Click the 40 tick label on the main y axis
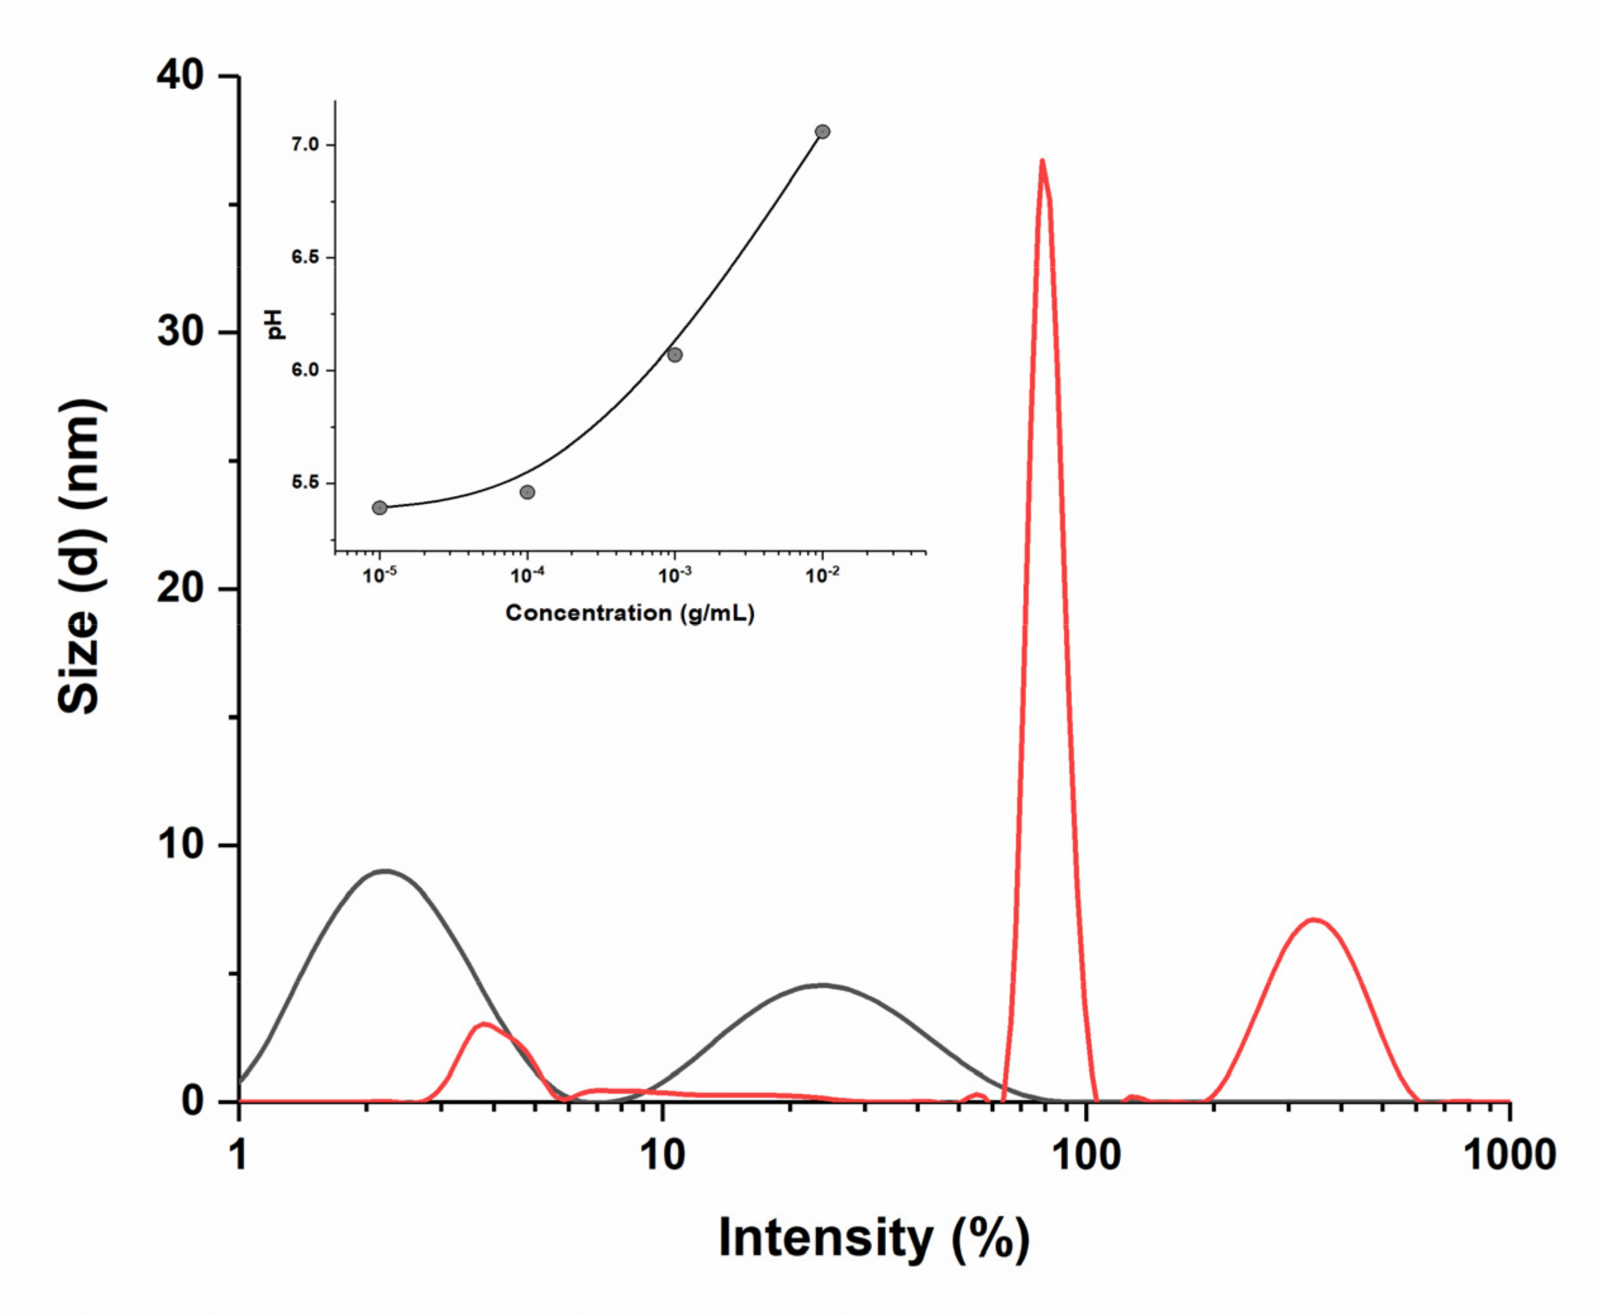(x=180, y=76)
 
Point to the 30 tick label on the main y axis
(x=180, y=332)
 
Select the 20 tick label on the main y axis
(x=180, y=589)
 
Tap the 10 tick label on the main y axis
(x=180, y=844)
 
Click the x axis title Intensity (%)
(x=874, y=1238)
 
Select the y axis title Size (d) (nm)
(x=80, y=557)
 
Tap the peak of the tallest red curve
(x=1043, y=161)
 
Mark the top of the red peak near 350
(x=1315, y=920)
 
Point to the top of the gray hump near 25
(x=823, y=985)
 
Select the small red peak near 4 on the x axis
(x=484, y=1024)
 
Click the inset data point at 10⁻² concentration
(x=822, y=132)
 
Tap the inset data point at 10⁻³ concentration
(x=675, y=354)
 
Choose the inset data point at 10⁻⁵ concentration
(x=379, y=507)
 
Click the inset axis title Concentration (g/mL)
(x=630, y=613)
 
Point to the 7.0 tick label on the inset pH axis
(x=305, y=145)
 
